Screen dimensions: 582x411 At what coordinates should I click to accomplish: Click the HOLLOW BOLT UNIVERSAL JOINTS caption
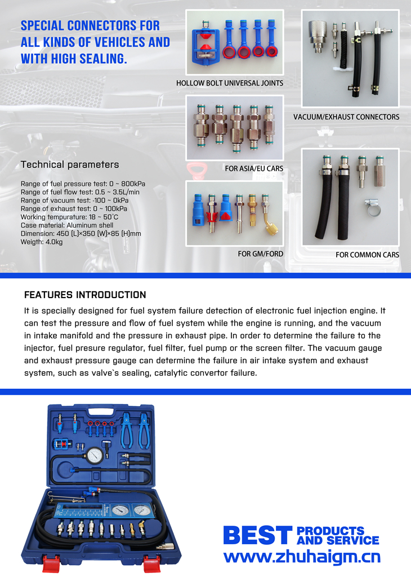click(x=230, y=83)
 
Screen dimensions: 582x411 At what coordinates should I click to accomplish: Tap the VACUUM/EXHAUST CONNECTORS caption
click(x=346, y=117)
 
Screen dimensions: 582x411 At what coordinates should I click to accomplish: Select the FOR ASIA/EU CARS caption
click(x=254, y=168)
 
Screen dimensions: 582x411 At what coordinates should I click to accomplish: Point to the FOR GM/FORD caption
click(x=260, y=254)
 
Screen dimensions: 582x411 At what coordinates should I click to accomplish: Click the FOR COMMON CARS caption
click(x=367, y=255)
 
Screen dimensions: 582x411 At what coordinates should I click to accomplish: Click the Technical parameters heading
click(x=70, y=165)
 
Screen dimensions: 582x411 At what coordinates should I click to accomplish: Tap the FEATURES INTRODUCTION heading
click(x=85, y=295)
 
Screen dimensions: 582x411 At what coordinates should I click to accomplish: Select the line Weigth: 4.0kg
click(x=42, y=242)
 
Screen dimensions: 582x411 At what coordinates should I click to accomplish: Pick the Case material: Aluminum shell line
click(x=67, y=225)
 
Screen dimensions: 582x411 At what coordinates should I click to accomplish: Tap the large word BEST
click(x=258, y=535)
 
